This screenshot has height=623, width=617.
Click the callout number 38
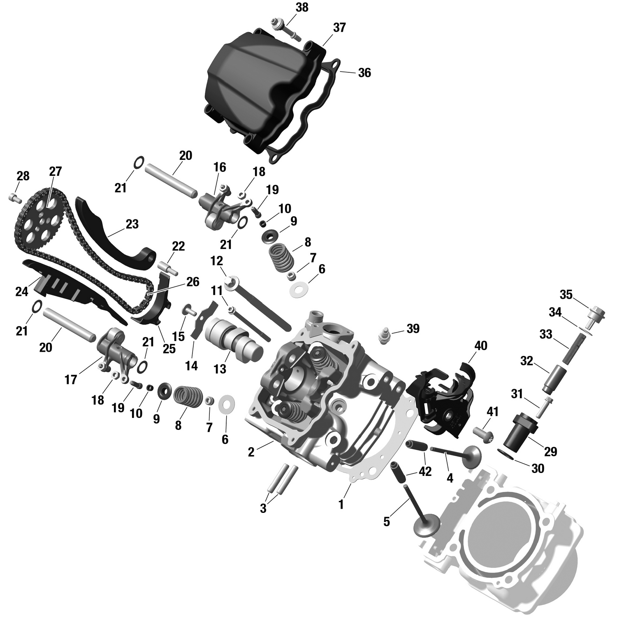point(302,8)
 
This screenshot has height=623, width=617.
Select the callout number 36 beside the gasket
point(364,73)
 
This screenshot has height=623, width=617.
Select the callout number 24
point(21,291)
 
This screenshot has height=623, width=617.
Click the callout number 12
point(216,261)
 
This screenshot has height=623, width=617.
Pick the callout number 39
point(413,328)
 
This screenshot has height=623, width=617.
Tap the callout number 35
point(566,295)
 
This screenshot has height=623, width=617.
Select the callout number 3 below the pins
point(263,508)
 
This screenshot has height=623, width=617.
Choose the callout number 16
point(220,167)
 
